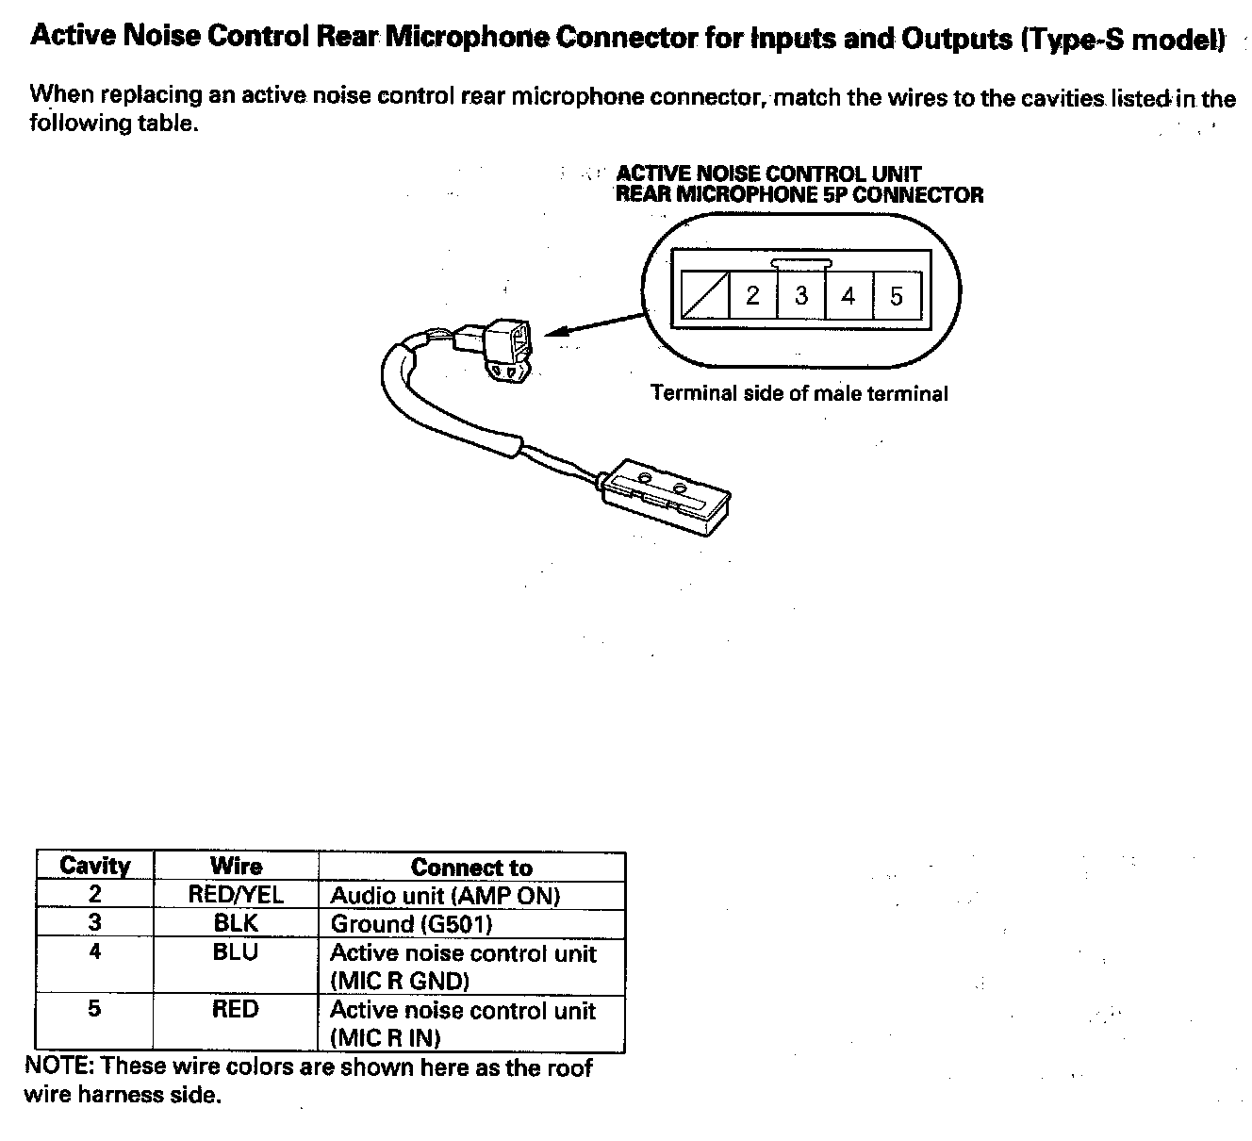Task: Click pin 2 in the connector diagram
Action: [x=752, y=296]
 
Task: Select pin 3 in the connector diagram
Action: [x=800, y=296]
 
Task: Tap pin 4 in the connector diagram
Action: [x=848, y=296]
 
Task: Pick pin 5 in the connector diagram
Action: [x=897, y=296]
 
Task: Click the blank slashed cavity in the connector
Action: [x=704, y=296]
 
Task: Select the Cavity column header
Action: [x=94, y=867]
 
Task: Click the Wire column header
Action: [x=236, y=867]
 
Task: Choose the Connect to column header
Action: [x=471, y=868]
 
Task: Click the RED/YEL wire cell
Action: [x=236, y=895]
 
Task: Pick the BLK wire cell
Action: [x=236, y=923]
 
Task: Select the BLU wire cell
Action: [x=236, y=952]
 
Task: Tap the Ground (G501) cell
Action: [x=411, y=924]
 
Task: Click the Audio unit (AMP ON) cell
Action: [x=445, y=896]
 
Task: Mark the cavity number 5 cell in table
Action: [x=94, y=1009]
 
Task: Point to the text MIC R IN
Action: [x=386, y=1038]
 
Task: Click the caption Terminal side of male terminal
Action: [x=799, y=393]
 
